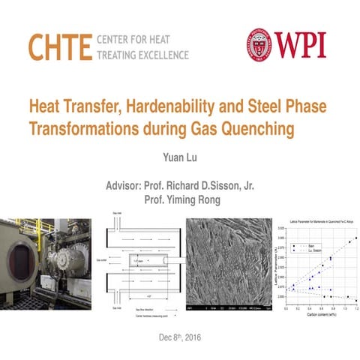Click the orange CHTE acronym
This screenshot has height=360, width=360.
point(59,46)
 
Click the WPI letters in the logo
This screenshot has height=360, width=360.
point(301,46)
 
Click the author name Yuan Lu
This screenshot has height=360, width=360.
point(179,158)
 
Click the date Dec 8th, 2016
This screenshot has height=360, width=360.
point(179,337)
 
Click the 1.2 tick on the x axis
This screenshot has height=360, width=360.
point(356,309)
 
